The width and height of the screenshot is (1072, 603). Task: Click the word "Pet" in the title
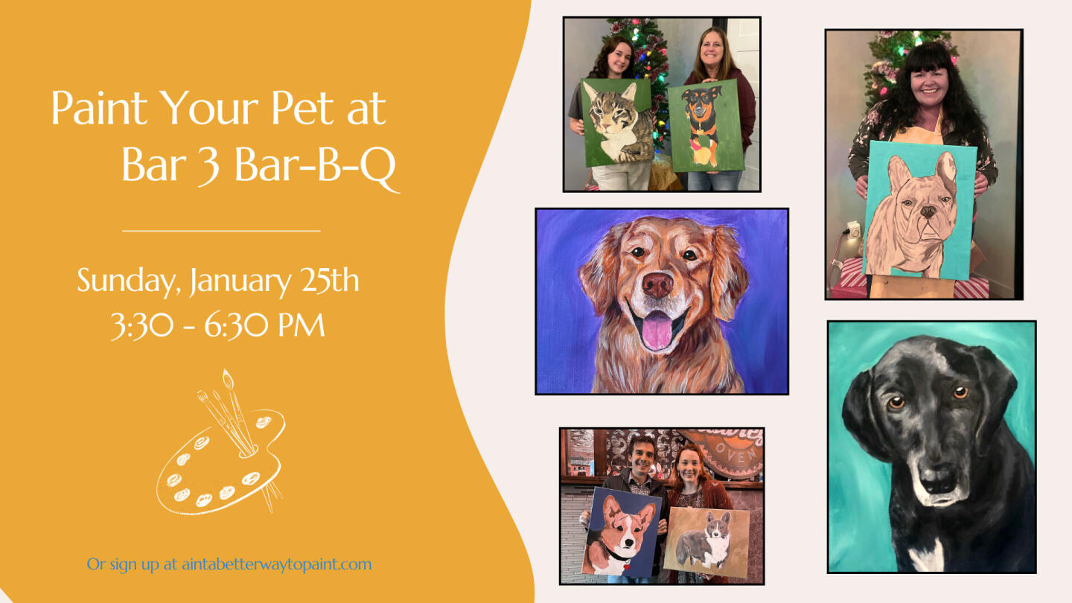point(302,108)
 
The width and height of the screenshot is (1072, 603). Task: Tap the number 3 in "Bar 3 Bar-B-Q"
point(208,166)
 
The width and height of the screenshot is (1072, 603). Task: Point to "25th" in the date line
point(331,281)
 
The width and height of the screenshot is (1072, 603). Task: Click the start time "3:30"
point(142,325)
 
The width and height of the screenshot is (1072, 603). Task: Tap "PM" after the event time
point(302,325)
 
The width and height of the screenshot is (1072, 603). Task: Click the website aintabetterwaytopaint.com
point(277,564)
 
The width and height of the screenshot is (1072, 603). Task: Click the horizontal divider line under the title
point(221,231)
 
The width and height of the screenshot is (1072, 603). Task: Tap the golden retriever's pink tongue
point(656,330)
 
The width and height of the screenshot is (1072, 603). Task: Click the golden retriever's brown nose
point(657,285)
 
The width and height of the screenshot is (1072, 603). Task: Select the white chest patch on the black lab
point(926,555)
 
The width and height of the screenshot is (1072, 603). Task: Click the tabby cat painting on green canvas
point(617,123)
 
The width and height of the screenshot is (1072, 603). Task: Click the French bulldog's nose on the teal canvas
point(928,211)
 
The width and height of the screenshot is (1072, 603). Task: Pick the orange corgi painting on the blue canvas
point(621,532)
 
